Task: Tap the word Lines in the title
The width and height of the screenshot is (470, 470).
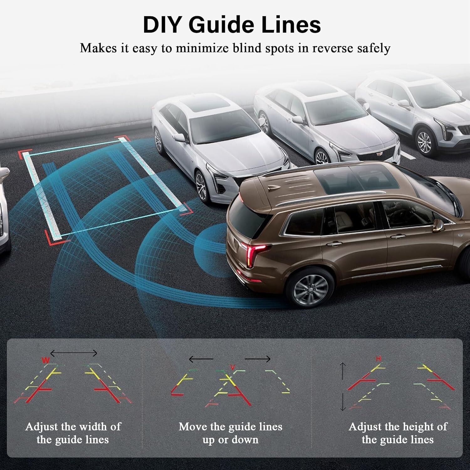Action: [291, 25]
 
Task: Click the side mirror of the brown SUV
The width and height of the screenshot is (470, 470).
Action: [438, 225]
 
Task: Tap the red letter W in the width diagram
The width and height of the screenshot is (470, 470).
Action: [46, 360]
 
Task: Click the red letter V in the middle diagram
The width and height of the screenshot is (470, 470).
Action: [232, 367]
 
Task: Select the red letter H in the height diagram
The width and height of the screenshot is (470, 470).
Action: [379, 359]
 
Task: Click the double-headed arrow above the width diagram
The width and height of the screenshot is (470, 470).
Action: [74, 353]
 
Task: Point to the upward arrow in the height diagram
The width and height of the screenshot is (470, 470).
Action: [343, 372]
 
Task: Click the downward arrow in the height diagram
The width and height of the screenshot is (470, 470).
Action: [343, 401]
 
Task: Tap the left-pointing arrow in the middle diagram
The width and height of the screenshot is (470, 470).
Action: [201, 359]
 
